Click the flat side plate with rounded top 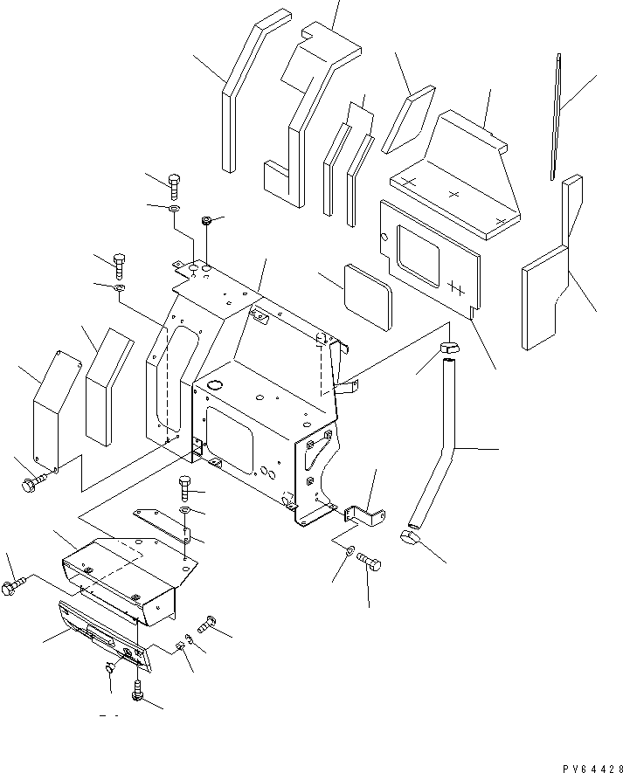click(x=53, y=406)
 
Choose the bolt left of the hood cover click(x=12, y=589)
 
